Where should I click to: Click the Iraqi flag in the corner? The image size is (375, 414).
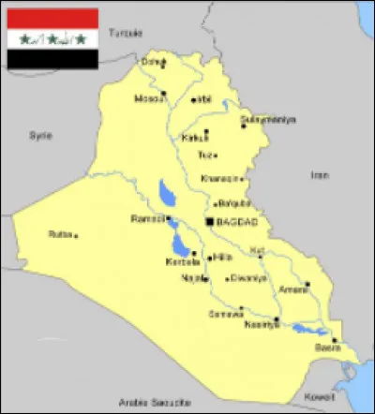click(52, 38)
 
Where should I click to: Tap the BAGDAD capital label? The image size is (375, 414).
click(237, 221)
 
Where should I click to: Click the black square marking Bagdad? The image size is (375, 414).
click(209, 221)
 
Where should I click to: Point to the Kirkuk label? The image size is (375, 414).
click(195, 138)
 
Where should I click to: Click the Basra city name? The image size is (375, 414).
click(327, 347)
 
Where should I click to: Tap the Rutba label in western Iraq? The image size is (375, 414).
click(60, 234)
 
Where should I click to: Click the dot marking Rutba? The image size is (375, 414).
click(76, 236)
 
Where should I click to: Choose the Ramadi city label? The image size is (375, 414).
click(150, 219)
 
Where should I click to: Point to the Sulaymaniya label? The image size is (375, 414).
click(268, 120)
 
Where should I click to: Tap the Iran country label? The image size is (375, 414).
click(322, 174)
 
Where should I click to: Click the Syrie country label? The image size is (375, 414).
click(38, 135)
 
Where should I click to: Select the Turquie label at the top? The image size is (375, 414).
click(126, 32)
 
